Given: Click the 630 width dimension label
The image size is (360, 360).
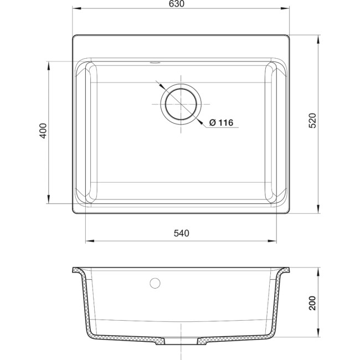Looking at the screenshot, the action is tap(176, 4).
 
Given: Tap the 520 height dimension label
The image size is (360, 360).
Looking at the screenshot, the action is tap(312, 121).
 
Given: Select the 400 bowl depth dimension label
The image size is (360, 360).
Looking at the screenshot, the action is tap(43, 131).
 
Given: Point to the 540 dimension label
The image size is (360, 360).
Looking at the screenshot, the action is tap(181, 233).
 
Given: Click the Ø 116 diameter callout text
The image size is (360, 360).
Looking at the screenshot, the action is tap(221, 122).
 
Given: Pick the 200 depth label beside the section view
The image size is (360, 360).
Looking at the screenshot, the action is tap(312, 303).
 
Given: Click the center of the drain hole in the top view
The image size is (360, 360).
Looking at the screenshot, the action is tap(181, 104).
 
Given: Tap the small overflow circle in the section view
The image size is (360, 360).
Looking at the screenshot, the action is tap(155, 283).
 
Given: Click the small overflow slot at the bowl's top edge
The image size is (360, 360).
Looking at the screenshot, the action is tap(155, 62).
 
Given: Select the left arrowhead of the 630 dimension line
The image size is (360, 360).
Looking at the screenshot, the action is tap(77, 8).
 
